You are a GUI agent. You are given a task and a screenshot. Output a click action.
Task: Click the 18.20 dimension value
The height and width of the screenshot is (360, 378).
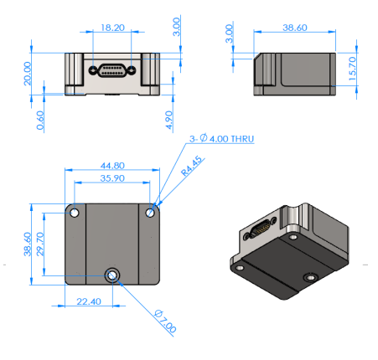point(113,28)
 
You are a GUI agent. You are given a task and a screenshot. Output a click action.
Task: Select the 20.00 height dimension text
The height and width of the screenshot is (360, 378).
point(28,73)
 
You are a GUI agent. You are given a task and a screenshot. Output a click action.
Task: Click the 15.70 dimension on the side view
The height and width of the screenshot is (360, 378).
point(353,69)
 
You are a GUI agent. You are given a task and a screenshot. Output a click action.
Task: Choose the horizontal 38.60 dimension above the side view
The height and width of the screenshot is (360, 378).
point(295,28)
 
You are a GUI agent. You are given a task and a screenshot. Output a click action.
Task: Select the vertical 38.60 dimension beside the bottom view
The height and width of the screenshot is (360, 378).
point(28,244)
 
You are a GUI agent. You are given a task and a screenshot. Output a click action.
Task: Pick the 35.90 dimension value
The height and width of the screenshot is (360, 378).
point(113,178)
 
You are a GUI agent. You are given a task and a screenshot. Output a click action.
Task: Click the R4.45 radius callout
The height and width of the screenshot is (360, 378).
point(191,177)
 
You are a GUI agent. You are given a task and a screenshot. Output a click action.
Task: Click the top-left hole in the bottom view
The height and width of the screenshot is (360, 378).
point(75,213)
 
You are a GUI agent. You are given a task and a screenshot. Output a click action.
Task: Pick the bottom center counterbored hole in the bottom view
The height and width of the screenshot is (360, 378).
point(113,275)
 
